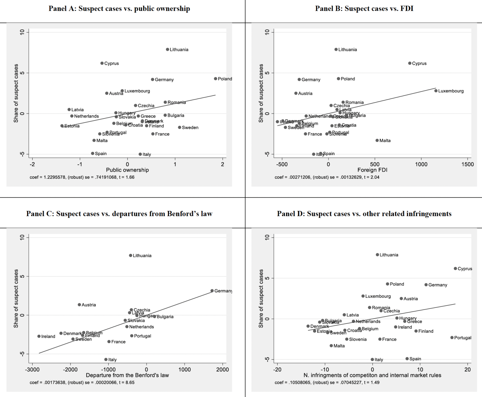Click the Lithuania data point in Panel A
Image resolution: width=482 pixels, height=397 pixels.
(x=167, y=49)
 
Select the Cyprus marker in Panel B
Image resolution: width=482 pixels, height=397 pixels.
(x=410, y=63)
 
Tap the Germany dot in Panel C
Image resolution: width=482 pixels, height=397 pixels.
(x=212, y=291)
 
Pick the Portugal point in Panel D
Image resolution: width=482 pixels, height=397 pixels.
(x=452, y=338)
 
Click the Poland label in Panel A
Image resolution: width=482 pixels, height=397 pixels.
(x=225, y=79)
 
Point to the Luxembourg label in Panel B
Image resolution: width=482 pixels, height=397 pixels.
(x=451, y=91)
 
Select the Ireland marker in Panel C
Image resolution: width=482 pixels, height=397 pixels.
(x=39, y=336)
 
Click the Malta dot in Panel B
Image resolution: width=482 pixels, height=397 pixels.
(x=377, y=140)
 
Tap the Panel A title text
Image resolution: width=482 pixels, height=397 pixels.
(x=119, y=9)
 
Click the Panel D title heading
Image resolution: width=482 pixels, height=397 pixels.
(x=364, y=214)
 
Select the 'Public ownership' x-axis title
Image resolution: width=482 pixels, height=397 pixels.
(x=127, y=170)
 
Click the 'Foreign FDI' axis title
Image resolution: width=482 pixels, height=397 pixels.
(x=372, y=170)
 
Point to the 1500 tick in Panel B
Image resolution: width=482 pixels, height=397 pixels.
(x=467, y=164)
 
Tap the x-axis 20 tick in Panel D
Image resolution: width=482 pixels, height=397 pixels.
(x=467, y=370)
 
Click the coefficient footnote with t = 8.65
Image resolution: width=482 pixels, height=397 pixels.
(x=82, y=382)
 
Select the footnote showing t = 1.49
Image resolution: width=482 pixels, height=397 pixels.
(x=327, y=382)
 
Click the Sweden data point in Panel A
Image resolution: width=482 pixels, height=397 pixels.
(x=180, y=127)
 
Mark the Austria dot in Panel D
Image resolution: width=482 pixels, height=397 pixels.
(x=401, y=299)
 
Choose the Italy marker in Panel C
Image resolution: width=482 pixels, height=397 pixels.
(x=106, y=359)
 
